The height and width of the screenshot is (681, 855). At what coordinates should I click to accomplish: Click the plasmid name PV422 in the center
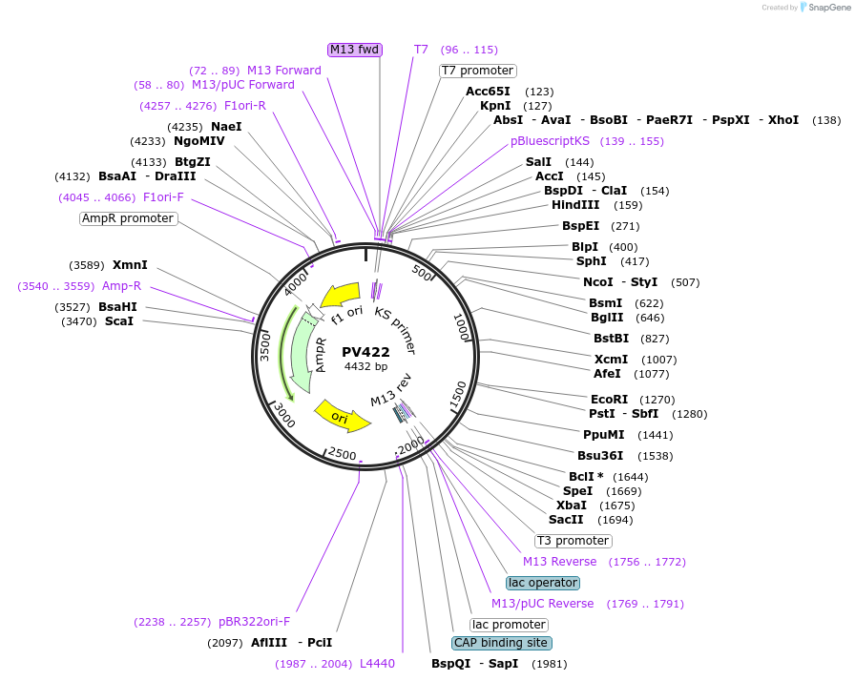pos(366,352)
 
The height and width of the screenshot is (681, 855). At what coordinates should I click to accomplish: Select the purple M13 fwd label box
pos(355,50)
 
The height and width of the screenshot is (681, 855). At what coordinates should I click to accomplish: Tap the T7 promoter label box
pos(478,71)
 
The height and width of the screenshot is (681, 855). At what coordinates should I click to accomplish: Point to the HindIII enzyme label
pos(575,205)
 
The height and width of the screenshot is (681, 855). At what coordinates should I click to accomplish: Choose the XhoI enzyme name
pos(783,120)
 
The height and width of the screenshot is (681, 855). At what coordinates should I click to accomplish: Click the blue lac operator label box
pos(542,583)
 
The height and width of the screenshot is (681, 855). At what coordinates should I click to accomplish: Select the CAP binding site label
pos(501,643)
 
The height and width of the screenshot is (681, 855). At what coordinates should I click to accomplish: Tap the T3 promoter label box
pos(573,541)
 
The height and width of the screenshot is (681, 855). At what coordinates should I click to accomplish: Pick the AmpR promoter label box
pos(128,218)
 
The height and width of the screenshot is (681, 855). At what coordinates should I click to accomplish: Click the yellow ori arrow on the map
pos(341,415)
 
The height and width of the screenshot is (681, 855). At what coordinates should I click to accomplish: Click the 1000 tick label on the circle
pos(462,328)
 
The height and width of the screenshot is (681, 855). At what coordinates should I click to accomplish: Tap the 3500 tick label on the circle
pos(266,346)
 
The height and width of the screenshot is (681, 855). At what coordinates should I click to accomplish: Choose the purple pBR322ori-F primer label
pos(254,622)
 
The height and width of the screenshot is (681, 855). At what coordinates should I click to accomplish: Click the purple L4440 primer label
pos(377,664)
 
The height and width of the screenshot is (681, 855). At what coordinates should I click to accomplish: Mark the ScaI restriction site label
pos(119,321)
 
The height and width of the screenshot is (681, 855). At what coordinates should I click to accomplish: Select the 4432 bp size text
pos(366,366)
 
